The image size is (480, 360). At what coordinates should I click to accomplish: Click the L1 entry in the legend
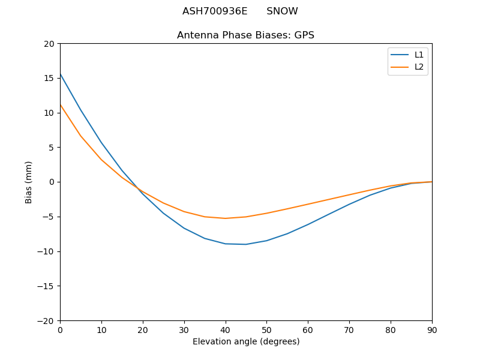pos(419,55)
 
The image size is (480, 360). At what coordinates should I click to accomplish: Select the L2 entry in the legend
pos(419,67)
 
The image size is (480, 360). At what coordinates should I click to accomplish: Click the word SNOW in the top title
pos(282,11)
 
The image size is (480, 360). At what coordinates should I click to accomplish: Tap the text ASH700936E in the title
pos(215,11)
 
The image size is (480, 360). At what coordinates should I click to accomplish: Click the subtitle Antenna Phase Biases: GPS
pos(245,35)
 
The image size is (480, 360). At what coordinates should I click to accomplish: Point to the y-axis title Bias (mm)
pos(29,182)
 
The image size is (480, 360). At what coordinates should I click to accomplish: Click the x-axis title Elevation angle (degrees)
pos(245,342)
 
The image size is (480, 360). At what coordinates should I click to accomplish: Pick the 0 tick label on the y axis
pos(53,182)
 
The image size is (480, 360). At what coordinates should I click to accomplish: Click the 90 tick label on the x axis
pos(431,330)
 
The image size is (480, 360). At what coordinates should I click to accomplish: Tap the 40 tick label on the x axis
pos(225,330)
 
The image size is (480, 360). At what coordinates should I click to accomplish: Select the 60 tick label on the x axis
pos(308,330)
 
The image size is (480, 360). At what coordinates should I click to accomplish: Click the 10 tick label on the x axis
pos(101,330)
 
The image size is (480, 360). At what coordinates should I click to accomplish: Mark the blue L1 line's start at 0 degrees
pos(61,74)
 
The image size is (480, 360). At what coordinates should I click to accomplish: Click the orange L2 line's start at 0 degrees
pos(61,105)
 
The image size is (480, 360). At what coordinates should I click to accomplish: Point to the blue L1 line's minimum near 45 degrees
pos(246,244)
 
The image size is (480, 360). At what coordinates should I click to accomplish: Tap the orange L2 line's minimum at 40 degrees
pos(225,218)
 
